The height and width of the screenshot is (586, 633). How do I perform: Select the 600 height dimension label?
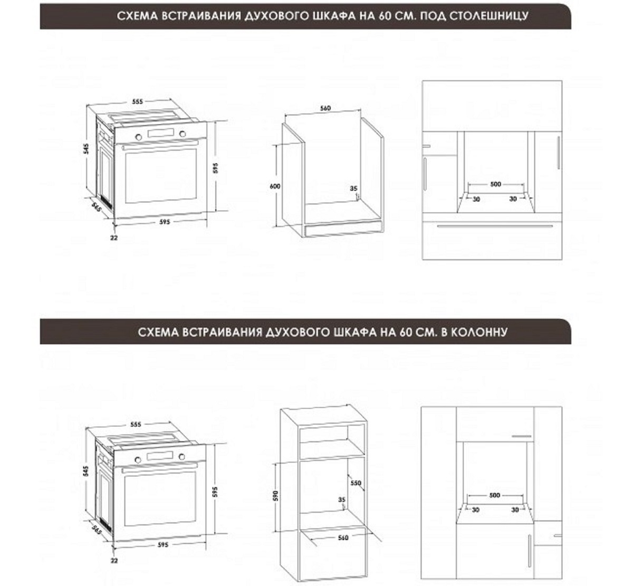pos(275,186)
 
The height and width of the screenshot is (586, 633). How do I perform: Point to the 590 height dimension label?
pos(276,495)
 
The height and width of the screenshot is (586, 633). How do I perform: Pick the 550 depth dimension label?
pos(356,483)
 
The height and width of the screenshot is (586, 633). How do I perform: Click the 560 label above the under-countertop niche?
pos(325,108)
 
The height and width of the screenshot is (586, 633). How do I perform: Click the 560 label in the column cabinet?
pos(343,538)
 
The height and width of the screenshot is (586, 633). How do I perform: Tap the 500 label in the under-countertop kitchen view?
pos(496,184)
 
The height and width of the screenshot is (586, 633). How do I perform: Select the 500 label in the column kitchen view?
pos(494,495)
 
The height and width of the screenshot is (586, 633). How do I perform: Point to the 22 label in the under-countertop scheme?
pos(114,238)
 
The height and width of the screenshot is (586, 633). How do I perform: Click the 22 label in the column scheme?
pos(114,561)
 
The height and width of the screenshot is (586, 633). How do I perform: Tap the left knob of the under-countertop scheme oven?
pos(139,137)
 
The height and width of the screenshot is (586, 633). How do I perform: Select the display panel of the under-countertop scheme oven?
pos(161,133)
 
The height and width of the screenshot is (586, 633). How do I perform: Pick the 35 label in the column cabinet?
pos(342,499)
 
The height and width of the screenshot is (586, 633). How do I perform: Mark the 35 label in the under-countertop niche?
pos(354,188)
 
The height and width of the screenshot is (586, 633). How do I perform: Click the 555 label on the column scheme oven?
pos(136,424)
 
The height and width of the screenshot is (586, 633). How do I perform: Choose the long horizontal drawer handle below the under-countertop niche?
pos(495,226)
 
